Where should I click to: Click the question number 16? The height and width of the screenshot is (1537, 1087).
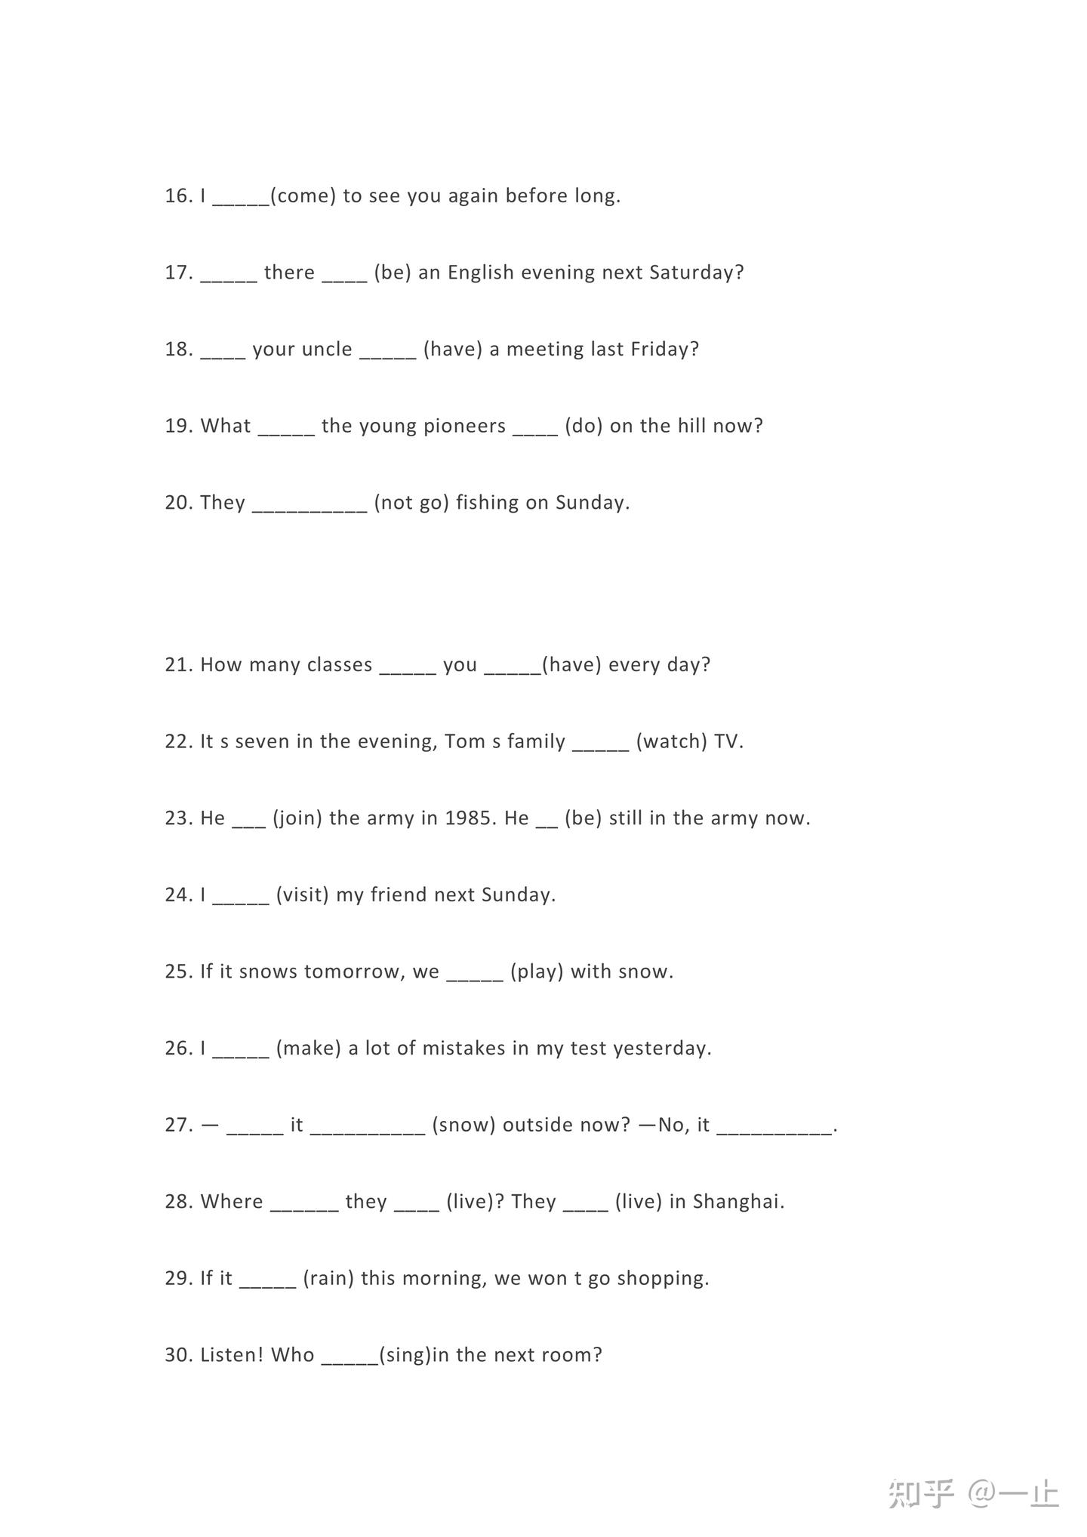178,196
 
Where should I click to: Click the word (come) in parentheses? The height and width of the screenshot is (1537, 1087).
303,196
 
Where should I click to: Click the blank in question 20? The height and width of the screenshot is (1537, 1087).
309,506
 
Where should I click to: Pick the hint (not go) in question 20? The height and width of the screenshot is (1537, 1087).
411,503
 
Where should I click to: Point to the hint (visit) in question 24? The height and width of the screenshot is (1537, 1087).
303,895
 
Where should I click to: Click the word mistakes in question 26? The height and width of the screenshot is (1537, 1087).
464,1049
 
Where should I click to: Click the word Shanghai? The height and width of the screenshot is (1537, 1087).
738,1202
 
